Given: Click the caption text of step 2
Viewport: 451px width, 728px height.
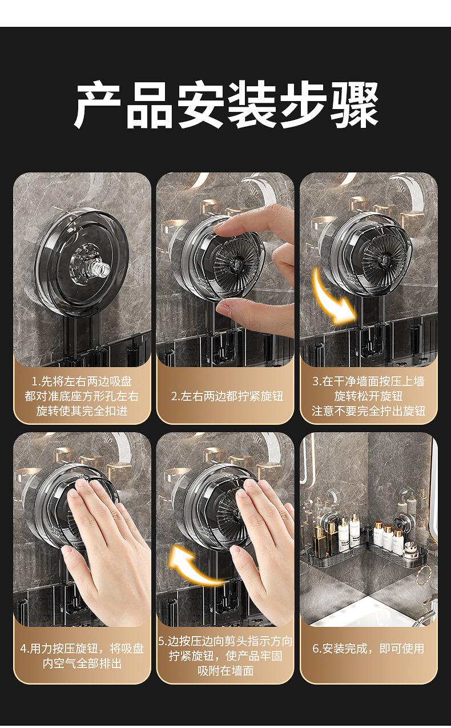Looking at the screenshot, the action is [x=227, y=396].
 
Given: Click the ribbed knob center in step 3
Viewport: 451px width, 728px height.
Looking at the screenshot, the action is [x=384, y=259].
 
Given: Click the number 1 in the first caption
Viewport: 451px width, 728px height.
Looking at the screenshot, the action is [x=34, y=381].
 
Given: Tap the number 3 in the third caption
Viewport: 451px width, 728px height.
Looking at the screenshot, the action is [x=315, y=381].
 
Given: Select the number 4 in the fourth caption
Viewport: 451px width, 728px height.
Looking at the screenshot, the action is [x=23, y=649].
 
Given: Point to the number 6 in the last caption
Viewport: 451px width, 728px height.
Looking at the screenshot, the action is [x=316, y=649].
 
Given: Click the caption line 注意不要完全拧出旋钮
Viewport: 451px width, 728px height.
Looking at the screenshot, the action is [x=368, y=411].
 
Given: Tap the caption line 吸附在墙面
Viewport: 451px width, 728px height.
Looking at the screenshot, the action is [x=226, y=670].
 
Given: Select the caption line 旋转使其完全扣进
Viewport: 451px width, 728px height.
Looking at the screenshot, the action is [x=82, y=411].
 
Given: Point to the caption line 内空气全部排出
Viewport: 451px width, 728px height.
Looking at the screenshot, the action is [x=82, y=663].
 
